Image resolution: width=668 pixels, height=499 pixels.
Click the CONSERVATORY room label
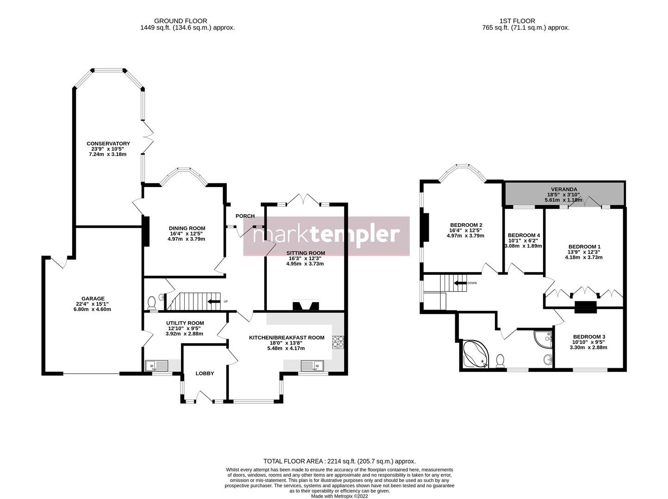(x=108, y=144)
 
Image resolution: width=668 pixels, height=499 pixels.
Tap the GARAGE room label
(x=93, y=298)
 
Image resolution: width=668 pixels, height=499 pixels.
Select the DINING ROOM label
(x=187, y=228)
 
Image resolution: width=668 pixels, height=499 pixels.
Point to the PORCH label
(x=245, y=216)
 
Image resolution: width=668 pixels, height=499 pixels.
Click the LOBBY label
(x=204, y=373)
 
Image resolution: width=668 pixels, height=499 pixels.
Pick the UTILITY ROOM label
(x=185, y=323)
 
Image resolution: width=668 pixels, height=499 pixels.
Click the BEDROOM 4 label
(x=523, y=235)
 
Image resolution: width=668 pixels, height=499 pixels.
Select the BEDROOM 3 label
(x=589, y=336)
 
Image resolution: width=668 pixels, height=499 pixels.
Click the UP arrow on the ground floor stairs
(x=214, y=302)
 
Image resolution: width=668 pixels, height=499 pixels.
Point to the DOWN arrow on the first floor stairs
(x=460, y=283)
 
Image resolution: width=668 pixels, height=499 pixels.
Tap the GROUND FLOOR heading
(x=180, y=21)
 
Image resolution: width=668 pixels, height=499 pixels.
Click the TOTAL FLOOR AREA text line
(x=339, y=461)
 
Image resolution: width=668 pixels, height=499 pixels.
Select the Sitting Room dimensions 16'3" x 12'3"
(x=304, y=258)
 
